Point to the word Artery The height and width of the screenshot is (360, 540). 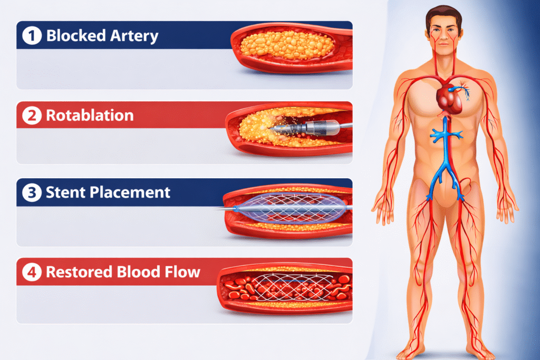130,36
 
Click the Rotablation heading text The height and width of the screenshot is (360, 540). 90,115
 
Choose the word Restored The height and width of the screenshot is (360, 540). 80,272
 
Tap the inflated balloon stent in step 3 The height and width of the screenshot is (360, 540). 290,208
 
